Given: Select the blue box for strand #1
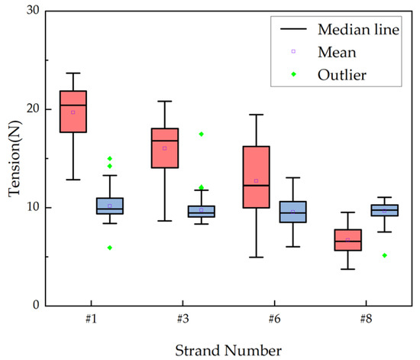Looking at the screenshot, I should pos(109,206).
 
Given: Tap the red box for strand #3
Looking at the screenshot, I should pos(165,148).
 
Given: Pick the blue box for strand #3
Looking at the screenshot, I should pos(202,211).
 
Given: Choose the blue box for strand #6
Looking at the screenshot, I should pos(292,212).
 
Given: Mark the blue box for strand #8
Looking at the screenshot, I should pos(384,210).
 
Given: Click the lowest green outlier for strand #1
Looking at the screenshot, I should pos(110,248).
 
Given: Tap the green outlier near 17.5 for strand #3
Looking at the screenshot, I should pos(202,135).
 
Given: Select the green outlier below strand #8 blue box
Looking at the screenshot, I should pos(384,255).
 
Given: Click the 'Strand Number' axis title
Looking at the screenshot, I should pos(228,349).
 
